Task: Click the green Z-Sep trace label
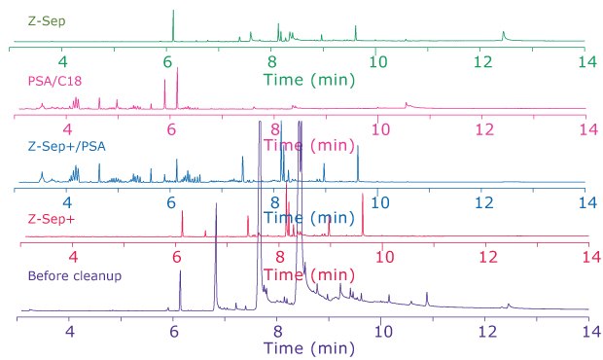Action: pos(30,18)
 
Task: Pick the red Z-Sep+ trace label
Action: pos(40,217)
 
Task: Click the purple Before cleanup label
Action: pos(75,275)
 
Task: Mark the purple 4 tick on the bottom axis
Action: pos(70,330)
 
